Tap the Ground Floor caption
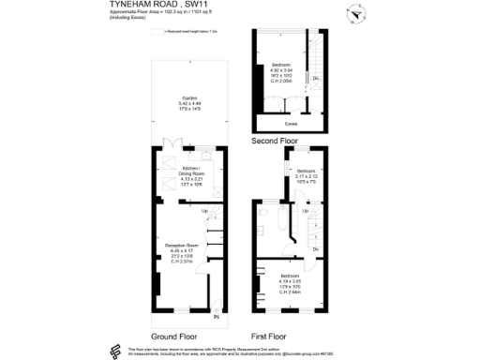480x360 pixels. click(x=173, y=335)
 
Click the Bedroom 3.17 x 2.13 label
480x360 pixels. click(x=307, y=175)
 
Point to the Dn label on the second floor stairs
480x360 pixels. click(x=316, y=78)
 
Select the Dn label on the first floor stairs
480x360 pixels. click(x=316, y=249)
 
